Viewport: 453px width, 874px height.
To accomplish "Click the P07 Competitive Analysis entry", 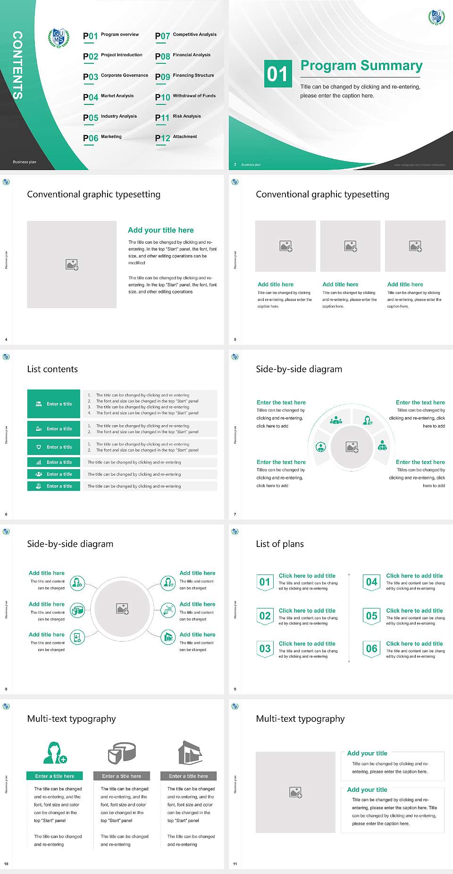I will (x=186, y=35).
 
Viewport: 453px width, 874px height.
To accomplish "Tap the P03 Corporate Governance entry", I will (x=116, y=76).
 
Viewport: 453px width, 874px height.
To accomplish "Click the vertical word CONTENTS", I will (x=17, y=65).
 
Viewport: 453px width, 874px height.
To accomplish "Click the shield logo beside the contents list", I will (x=59, y=38).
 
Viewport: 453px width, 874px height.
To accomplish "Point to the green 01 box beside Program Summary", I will (x=277, y=74).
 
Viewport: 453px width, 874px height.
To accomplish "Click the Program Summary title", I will (x=361, y=66).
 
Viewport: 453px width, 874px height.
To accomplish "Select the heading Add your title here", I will (x=160, y=230).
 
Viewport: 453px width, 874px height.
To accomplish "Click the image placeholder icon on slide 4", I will (x=72, y=265).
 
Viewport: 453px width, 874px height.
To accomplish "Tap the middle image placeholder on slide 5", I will (x=350, y=246).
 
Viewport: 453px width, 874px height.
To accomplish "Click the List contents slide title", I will (x=52, y=369).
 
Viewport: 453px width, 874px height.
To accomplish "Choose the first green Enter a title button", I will (x=54, y=404).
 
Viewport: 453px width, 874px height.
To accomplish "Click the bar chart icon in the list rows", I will (x=39, y=463).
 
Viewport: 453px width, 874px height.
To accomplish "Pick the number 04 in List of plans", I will (x=371, y=582).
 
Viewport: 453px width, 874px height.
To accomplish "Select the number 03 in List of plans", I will (x=265, y=649).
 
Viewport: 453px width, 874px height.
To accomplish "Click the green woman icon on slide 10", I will (x=54, y=753).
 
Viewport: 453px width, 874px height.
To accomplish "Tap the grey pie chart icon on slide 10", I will (x=122, y=753).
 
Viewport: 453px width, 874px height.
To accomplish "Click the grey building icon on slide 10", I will (x=190, y=753).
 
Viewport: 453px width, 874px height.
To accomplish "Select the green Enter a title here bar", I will (x=54, y=776).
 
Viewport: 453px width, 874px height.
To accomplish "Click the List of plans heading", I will (x=280, y=544).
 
